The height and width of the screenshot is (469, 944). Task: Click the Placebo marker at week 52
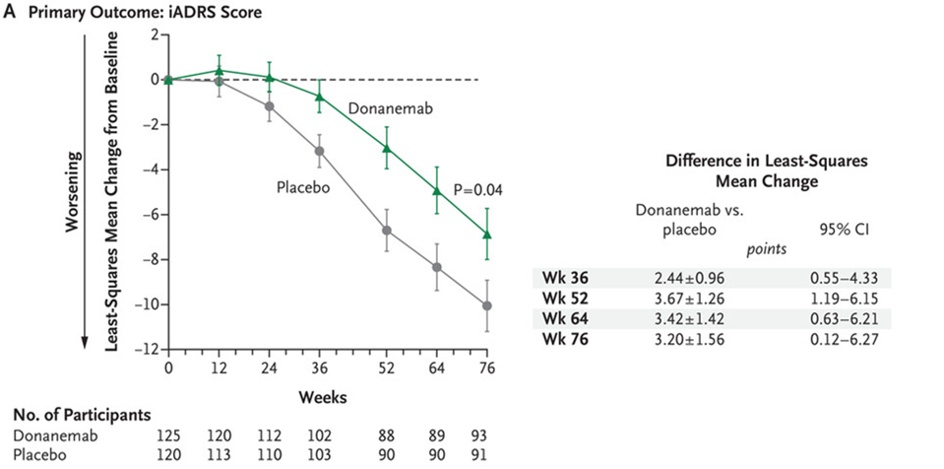point(387,231)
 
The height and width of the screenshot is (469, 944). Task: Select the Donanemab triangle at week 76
point(485,234)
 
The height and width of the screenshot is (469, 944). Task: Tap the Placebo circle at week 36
point(319,151)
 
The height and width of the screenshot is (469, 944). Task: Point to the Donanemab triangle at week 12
point(220,70)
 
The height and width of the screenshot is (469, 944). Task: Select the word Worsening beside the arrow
point(71,193)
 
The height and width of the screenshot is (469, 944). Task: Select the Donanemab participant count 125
point(168,435)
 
